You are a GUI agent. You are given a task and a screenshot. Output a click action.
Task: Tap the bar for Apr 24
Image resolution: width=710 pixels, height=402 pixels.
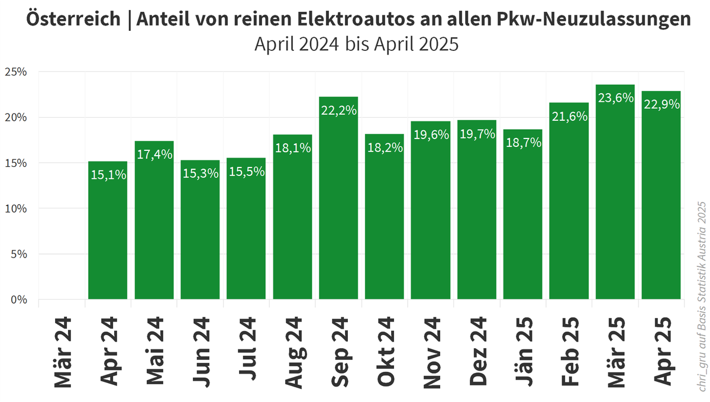[108, 231]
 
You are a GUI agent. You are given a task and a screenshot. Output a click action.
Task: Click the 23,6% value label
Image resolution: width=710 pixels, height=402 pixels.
[615, 98]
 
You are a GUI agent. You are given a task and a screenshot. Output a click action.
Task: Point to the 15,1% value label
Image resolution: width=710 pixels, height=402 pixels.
[108, 175]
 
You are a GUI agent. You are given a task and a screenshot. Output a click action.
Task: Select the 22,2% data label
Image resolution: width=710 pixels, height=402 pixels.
[338, 110]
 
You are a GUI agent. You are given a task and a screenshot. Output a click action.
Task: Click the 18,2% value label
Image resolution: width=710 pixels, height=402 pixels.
[385, 147]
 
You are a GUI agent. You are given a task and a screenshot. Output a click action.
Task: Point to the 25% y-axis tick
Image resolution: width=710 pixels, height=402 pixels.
[16, 72]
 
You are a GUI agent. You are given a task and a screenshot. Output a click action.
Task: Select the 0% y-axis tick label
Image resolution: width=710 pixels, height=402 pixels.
[19, 300]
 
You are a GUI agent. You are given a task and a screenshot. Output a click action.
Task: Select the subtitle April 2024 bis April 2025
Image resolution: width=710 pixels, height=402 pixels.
[356, 44]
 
